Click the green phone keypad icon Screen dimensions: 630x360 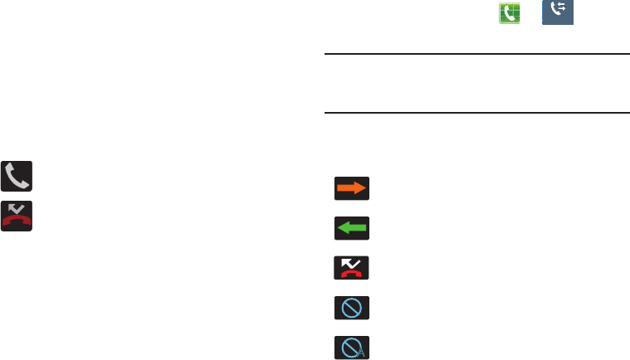click(510, 12)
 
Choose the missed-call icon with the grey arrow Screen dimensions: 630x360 click(17, 215)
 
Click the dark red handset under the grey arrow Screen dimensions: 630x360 click(17, 221)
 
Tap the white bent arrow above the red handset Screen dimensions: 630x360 click(348, 261)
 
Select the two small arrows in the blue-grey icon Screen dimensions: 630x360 click(562, 9)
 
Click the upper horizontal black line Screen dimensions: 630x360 click(475, 55)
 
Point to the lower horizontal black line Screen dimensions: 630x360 click(475, 113)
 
